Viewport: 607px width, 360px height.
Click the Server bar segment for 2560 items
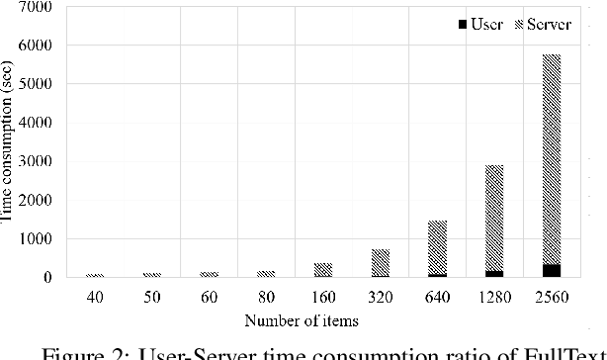pos(552,158)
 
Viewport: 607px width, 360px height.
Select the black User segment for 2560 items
pos(552,271)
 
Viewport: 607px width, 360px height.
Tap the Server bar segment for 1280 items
pos(493,218)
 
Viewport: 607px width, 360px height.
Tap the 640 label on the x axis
pos(436,296)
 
